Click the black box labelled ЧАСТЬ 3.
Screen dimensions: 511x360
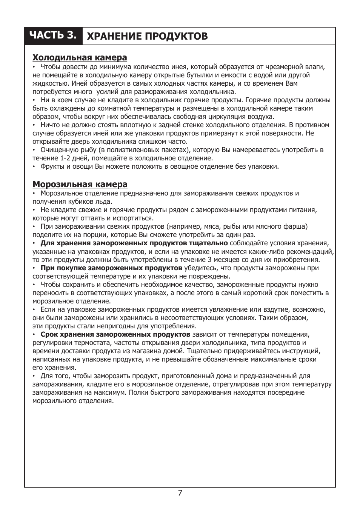click(x=54, y=35)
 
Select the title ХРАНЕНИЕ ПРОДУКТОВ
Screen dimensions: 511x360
click(x=147, y=36)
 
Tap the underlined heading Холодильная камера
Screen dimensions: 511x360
click(x=80, y=57)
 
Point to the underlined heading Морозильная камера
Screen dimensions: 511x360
click(x=80, y=184)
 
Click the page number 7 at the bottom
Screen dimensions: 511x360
click(x=180, y=493)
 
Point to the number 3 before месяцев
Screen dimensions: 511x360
click(x=209, y=260)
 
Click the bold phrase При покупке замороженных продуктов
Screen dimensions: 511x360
click(x=111, y=268)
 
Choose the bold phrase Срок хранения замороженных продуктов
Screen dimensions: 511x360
click(x=115, y=334)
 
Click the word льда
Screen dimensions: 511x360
click(x=103, y=202)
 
